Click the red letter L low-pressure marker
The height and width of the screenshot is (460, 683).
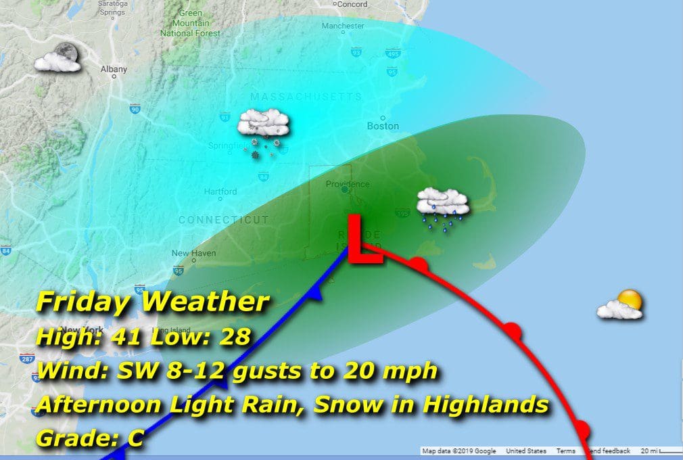364,240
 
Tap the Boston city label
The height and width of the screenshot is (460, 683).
383,126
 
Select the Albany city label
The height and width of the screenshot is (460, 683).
113,69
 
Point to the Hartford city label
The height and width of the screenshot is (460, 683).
220,191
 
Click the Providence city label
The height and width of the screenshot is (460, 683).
348,184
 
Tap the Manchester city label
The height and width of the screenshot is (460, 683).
343,26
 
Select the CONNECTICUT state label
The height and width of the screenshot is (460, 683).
223,220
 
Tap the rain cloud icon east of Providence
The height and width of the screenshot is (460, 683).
443,206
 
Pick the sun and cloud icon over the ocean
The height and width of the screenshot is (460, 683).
621,305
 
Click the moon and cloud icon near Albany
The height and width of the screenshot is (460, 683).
58,57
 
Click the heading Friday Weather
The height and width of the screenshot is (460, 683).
153,302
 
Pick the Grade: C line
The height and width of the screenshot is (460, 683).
89,438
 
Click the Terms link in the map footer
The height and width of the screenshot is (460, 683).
565,451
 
